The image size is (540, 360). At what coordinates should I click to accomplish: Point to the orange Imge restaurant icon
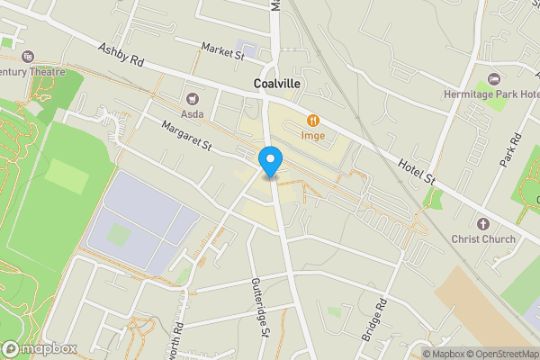[313, 120]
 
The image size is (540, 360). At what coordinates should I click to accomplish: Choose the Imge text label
[313, 136]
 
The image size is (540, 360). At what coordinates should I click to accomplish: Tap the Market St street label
[223, 51]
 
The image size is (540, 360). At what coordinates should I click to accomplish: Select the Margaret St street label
[186, 138]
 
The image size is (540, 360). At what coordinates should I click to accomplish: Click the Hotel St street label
[418, 170]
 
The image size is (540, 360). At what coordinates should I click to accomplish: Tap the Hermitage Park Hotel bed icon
[492, 80]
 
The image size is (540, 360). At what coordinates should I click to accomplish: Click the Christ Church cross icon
[482, 223]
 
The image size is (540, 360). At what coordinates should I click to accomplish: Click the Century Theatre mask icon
[27, 57]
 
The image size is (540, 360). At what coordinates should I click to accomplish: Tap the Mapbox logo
[39, 348]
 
